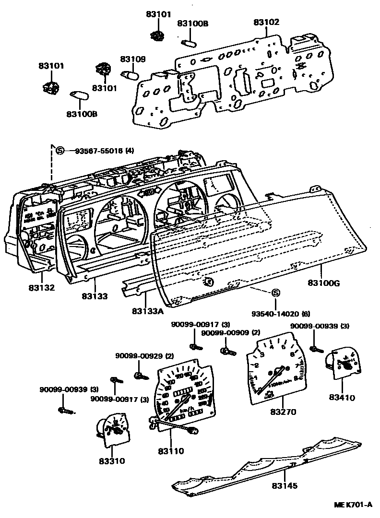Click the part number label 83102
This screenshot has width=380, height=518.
(266, 22)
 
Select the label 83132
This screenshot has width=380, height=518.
(41, 288)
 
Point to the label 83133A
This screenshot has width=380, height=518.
(148, 311)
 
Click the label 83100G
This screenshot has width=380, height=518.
(324, 283)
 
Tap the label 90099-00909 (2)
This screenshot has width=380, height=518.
(231, 333)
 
